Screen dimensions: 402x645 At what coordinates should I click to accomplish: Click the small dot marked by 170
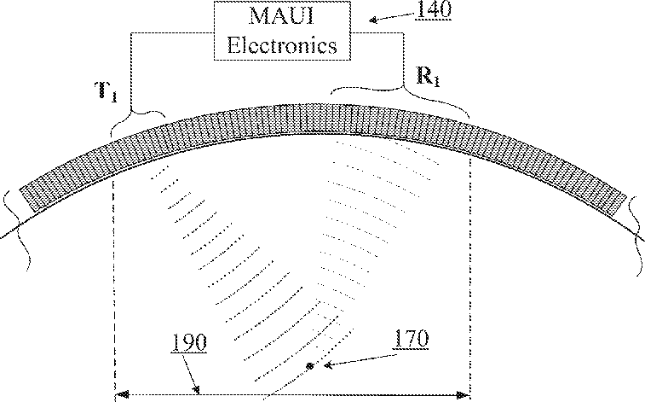[x=310, y=366]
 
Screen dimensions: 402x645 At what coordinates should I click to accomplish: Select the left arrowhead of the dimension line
[x=121, y=395]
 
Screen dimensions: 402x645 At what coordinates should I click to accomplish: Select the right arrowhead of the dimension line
[x=464, y=395]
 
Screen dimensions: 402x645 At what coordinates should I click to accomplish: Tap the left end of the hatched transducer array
[x=26, y=195]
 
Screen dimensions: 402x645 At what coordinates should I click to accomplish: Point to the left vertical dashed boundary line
[x=113, y=273]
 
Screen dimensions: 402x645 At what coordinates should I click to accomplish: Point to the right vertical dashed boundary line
[x=469, y=273]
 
